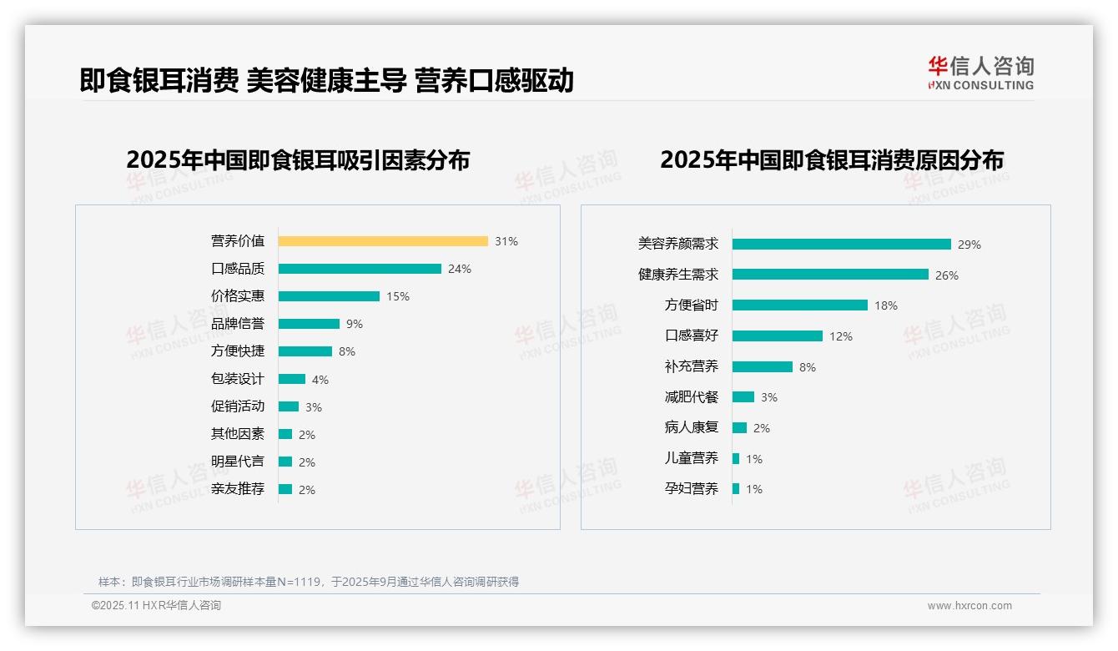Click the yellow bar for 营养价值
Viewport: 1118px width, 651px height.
point(383,241)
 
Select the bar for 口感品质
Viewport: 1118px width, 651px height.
point(360,269)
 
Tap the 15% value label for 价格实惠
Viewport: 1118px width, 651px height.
point(398,296)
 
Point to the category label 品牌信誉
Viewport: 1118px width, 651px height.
point(238,324)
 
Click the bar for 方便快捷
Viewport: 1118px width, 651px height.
point(305,351)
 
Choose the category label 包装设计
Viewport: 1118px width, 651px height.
point(238,379)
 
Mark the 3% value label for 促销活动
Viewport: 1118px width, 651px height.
point(313,407)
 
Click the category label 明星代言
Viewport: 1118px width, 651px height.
point(238,462)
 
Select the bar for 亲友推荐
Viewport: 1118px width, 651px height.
point(285,489)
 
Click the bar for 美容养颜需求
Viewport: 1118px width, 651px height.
point(842,245)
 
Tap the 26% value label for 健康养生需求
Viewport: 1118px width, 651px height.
point(947,275)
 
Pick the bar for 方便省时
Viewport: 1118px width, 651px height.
point(800,305)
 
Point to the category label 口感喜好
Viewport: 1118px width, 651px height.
point(692,336)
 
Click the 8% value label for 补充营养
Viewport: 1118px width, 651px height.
point(808,367)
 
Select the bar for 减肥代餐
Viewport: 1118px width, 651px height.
point(743,397)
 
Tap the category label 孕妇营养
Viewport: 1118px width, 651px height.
point(692,488)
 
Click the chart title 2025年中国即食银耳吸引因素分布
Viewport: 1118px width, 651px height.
point(298,159)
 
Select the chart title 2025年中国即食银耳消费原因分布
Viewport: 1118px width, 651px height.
point(832,159)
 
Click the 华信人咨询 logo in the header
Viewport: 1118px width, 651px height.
point(980,73)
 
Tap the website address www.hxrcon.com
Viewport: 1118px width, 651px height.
point(969,606)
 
